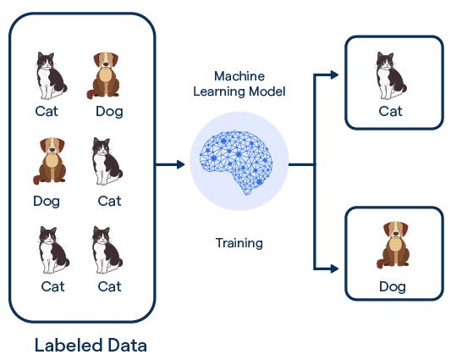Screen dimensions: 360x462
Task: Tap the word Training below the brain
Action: [239, 243]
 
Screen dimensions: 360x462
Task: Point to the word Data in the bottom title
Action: [127, 346]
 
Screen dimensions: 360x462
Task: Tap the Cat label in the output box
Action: [390, 111]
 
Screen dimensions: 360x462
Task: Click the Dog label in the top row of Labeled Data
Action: [108, 110]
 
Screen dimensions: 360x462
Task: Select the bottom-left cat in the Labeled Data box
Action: [52, 249]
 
